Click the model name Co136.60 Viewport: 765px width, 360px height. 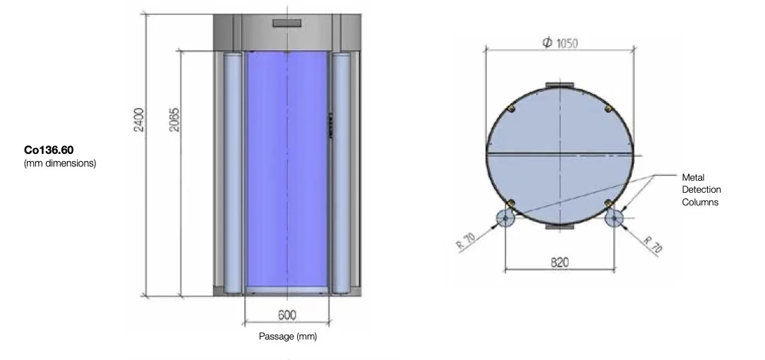[x=49, y=150]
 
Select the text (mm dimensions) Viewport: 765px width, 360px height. [x=60, y=164]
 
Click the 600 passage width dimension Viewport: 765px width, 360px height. [x=287, y=315]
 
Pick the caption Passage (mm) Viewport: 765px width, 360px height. [x=288, y=337]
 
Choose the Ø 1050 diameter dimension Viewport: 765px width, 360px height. [x=560, y=43]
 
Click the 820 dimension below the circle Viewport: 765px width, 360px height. [x=560, y=263]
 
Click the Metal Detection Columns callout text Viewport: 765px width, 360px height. [x=701, y=189]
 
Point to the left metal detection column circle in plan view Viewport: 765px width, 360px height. [x=505, y=218]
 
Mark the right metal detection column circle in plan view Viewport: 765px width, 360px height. [x=615, y=218]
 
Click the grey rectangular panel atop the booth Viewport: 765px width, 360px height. [x=287, y=23]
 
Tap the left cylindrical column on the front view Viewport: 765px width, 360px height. [x=233, y=173]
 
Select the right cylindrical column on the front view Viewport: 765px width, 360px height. [x=342, y=173]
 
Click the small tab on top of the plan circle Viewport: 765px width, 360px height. [x=560, y=86]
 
